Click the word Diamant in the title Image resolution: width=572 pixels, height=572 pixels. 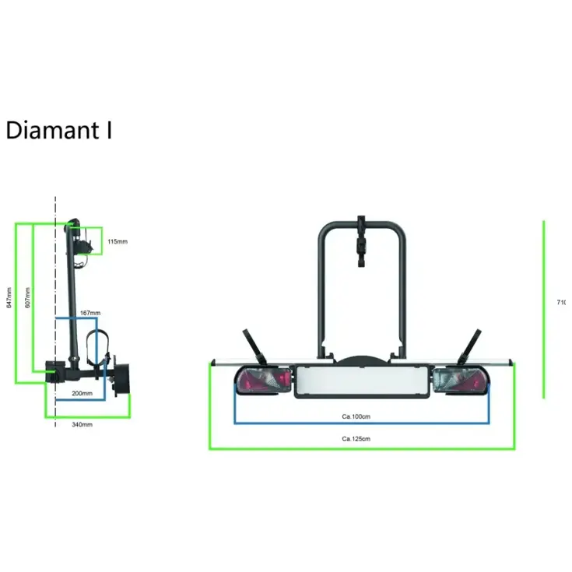click(51, 130)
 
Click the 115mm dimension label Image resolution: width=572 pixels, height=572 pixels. click(117, 242)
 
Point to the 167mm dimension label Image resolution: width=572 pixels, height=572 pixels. click(90, 313)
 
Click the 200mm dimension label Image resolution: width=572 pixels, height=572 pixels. click(82, 394)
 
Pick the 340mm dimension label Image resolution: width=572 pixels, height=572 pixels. click(82, 424)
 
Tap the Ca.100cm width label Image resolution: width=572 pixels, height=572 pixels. click(356, 416)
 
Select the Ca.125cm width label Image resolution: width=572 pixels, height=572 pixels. click(356, 439)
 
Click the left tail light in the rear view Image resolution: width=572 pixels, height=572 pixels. click(263, 381)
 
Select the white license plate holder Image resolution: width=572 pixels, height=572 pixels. click(362, 381)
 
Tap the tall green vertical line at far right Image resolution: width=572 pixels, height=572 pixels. click(544, 309)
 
